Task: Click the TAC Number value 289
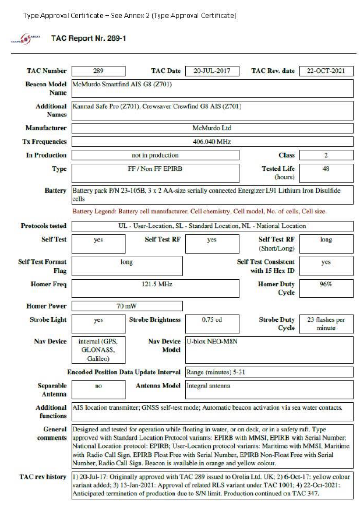click(x=98, y=71)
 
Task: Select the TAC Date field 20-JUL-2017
click(x=212, y=71)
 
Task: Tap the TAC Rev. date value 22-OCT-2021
click(x=326, y=71)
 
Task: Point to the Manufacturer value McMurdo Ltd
click(x=212, y=128)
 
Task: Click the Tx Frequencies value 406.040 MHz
click(x=212, y=142)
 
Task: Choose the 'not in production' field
click(x=155, y=155)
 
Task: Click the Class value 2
click(x=326, y=155)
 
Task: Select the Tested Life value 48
click(x=326, y=168)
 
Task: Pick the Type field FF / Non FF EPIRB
click(x=155, y=169)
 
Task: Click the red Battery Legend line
click(x=199, y=210)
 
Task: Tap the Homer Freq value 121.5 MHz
click(x=155, y=284)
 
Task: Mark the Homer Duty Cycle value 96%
click(x=326, y=284)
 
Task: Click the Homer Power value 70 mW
click(x=126, y=306)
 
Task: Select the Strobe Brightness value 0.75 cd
click(x=212, y=320)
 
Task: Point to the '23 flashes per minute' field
click(x=326, y=323)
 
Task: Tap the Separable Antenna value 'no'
click(x=98, y=385)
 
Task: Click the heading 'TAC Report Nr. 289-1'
click(x=89, y=38)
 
